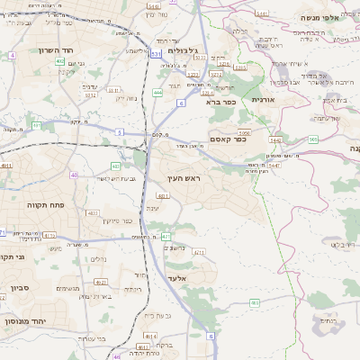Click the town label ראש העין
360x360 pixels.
point(185,181)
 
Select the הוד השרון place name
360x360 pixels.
point(55,50)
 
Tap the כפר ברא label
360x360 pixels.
point(220,103)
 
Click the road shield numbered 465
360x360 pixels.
point(255,303)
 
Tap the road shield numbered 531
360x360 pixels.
point(156,55)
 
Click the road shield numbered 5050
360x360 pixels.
point(245,133)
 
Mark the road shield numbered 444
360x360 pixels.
point(157,93)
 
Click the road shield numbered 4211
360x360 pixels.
point(199,253)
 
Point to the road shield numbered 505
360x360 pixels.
point(312,139)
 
